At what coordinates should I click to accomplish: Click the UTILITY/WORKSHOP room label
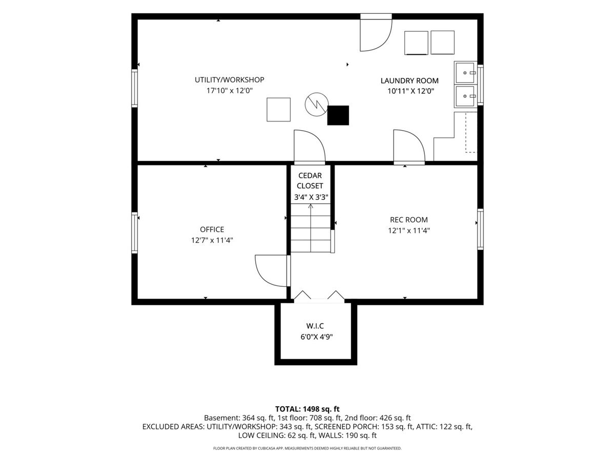click(x=229, y=80)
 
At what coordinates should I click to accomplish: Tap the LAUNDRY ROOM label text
click(x=409, y=80)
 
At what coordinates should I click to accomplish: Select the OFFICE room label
click(x=212, y=229)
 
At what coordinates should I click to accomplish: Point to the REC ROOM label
click(x=409, y=220)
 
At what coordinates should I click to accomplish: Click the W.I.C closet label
click(x=315, y=326)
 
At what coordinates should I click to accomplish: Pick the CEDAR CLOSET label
click(x=310, y=180)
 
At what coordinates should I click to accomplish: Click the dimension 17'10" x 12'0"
click(x=230, y=91)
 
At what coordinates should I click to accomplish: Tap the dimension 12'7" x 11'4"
click(x=212, y=240)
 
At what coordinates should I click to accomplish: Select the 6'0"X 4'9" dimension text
click(x=316, y=337)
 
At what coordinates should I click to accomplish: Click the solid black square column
click(x=338, y=115)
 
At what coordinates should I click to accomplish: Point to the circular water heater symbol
click(x=317, y=104)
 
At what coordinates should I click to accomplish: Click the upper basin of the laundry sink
click(x=465, y=73)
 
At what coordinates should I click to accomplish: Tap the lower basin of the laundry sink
click(x=465, y=96)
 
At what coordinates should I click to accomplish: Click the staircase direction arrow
click(x=311, y=228)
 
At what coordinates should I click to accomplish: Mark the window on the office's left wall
click(x=134, y=233)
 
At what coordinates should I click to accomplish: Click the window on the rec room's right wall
click(x=480, y=229)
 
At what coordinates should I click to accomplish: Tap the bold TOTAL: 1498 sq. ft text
click(x=307, y=409)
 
